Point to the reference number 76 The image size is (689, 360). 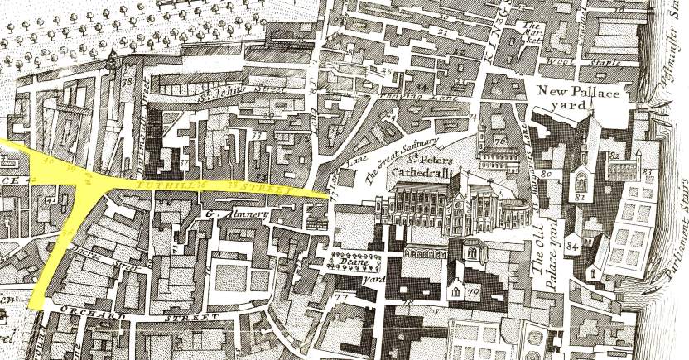(x=500, y=142)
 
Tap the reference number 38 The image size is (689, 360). (x=128, y=83)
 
